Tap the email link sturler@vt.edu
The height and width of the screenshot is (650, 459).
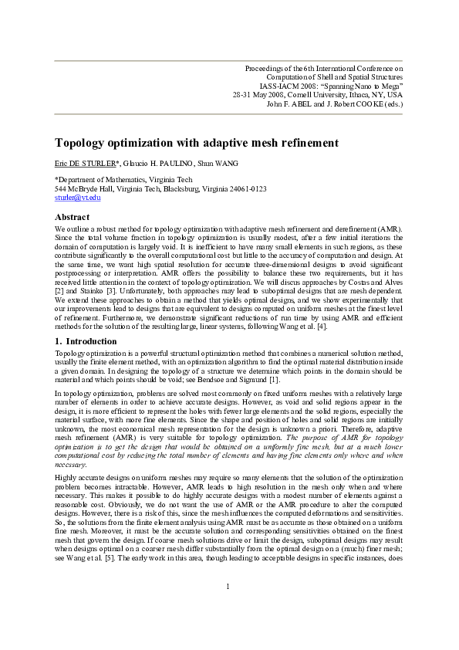click(77, 198)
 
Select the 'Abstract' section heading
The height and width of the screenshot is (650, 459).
click(72, 217)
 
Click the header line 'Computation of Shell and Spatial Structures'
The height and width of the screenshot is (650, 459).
click(334, 77)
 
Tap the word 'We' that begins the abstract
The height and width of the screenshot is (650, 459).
click(60, 230)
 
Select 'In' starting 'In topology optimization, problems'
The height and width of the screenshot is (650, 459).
click(58, 394)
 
